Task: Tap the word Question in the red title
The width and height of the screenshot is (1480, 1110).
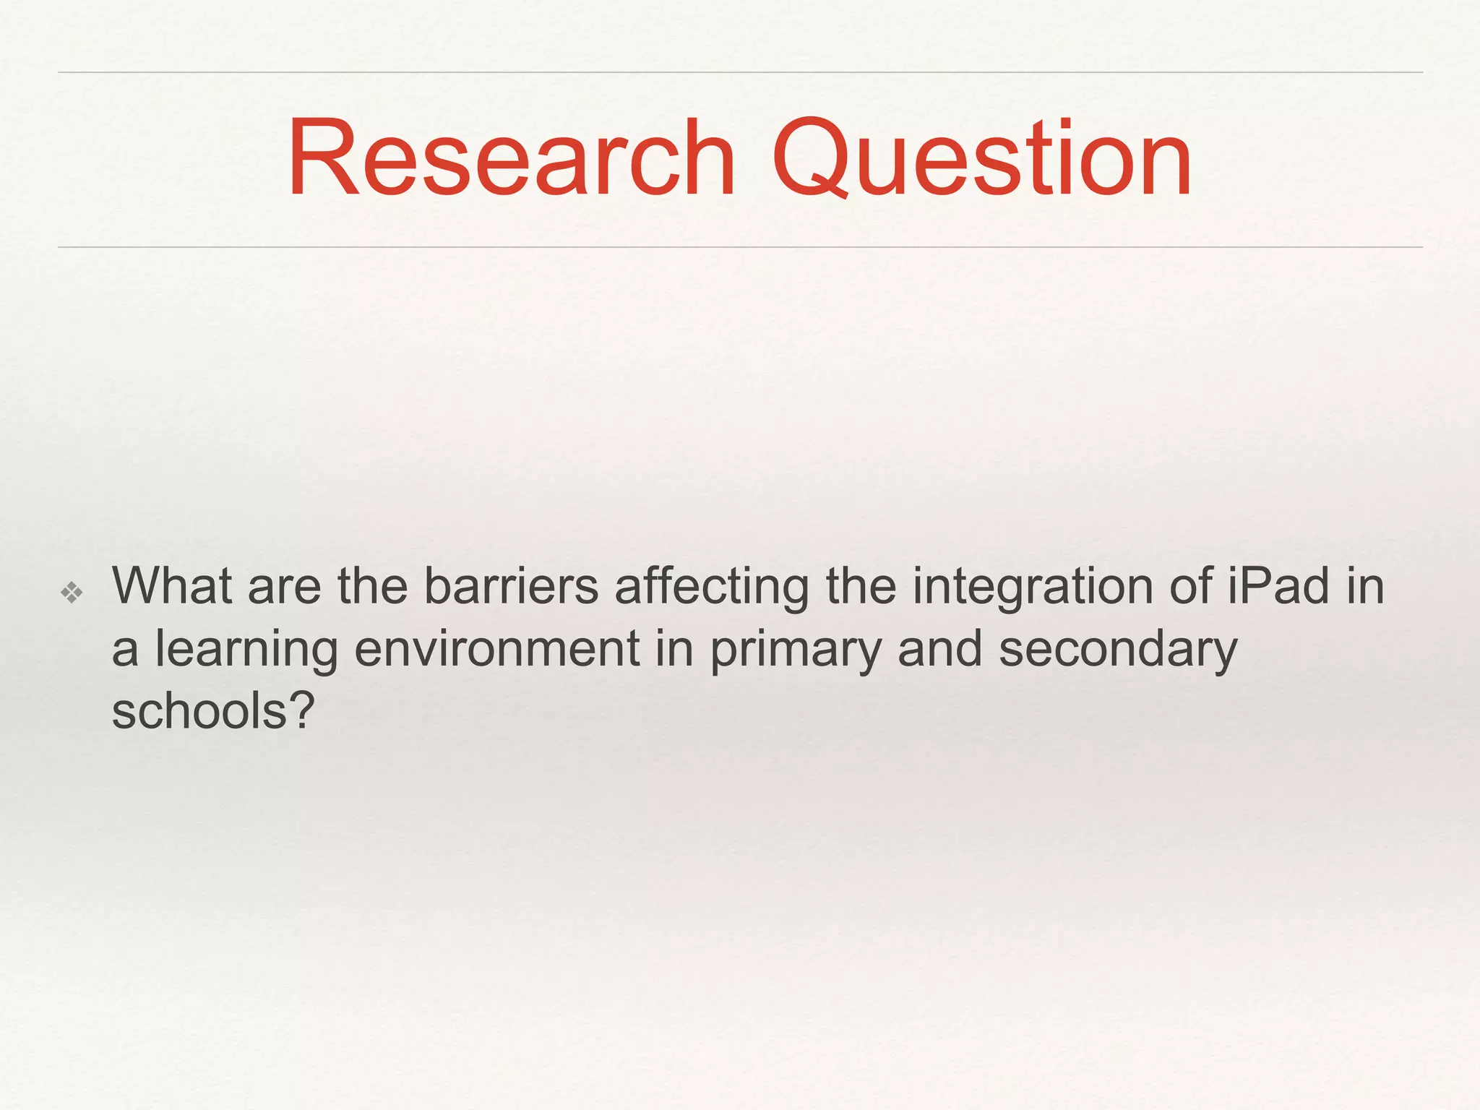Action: (982, 158)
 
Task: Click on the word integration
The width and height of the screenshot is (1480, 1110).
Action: (1033, 587)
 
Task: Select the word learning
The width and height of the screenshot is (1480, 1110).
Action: (246, 650)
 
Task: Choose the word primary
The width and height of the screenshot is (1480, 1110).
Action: (795, 650)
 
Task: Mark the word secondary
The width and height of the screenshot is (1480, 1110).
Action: (1118, 650)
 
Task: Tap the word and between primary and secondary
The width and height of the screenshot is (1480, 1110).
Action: (939, 648)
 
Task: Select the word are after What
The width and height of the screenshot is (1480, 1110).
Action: (284, 587)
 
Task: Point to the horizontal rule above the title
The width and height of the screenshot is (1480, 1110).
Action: (740, 72)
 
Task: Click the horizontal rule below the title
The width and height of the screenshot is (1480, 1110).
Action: (740, 247)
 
